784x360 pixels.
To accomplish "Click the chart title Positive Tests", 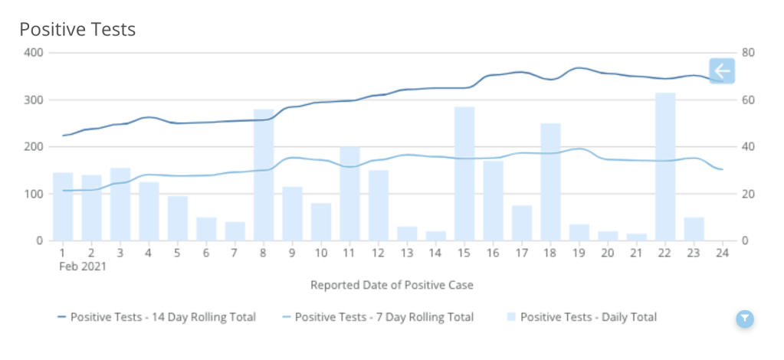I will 77,30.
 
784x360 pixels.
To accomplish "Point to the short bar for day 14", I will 435,236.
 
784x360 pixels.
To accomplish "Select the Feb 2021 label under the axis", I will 82,267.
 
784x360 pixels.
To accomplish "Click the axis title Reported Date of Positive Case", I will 392,286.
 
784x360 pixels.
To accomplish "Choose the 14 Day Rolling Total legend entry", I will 156,317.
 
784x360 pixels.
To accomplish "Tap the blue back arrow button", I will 721,71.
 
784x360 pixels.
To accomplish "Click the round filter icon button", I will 745,319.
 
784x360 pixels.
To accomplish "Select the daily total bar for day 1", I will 63,207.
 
